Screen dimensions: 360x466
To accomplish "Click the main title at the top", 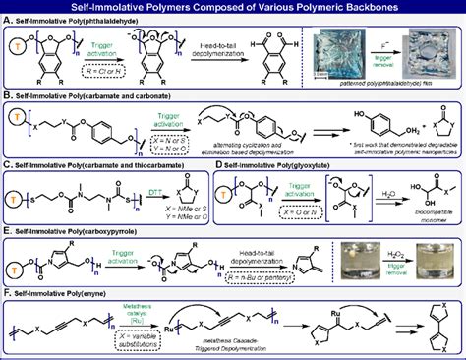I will (x=233, y=7).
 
